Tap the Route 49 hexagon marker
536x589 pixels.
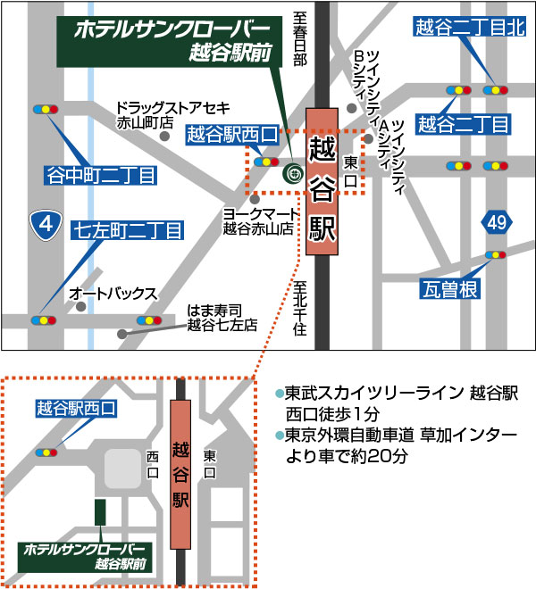click(x=497, y=221)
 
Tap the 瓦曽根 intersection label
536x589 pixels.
click(x=452, y=288)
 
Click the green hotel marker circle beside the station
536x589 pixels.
click(x=292, y=175)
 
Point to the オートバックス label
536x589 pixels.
click(x=113, y=293)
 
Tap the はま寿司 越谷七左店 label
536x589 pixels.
click(x=221, y=318)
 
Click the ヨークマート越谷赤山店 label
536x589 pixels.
click(x=257, y=221)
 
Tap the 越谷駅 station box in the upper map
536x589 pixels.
click(x=322, y=182)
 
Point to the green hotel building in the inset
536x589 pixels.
click(x=100, y=512)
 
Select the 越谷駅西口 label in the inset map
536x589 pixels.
click(x=76, y=410)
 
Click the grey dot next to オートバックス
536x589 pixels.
click(x=81, y=306)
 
